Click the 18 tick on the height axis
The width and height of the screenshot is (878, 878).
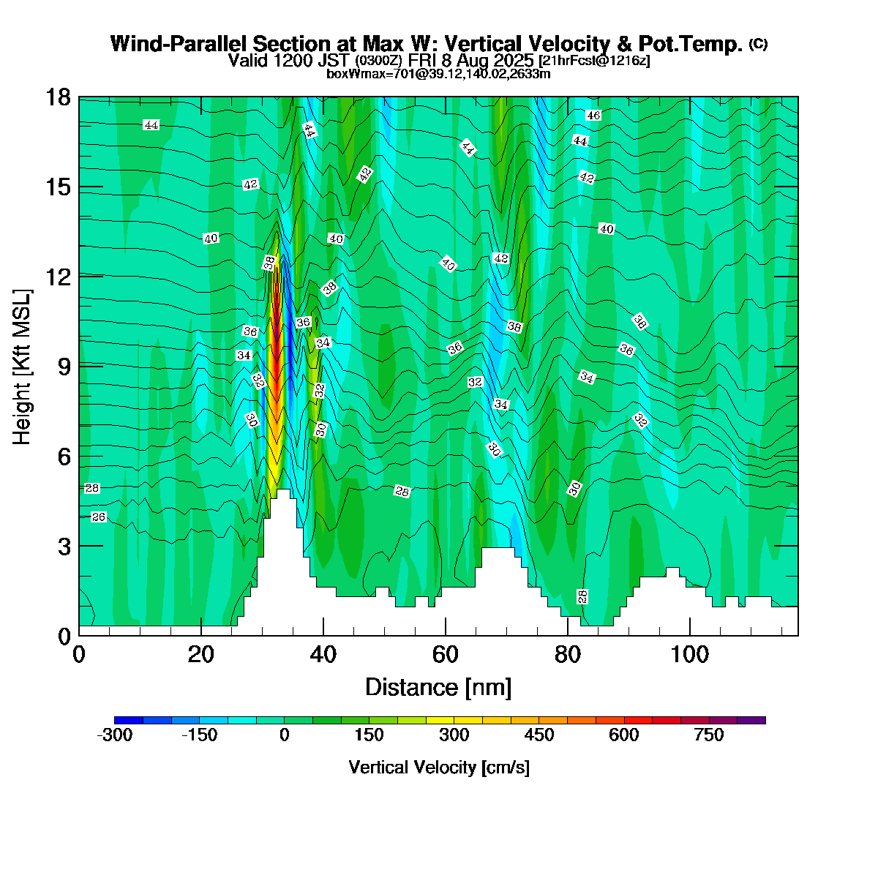[x=59, y=97]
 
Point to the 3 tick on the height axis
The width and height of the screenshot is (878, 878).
[x=59, y=546]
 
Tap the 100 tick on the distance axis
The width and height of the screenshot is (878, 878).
[x=689, y=654]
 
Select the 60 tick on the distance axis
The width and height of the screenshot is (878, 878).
[x=446, y=654]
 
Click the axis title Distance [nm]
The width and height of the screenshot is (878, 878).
[x=438, y=688]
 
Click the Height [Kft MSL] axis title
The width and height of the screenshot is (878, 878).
[x=23, y=366]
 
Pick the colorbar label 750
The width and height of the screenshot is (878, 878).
[x=708, y=735]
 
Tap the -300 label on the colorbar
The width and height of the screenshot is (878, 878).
[x=115, y=735]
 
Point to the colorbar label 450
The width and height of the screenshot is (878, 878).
[x=539, y=735]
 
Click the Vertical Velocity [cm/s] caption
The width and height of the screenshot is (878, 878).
[x=439, y=768]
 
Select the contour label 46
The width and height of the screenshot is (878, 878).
[x=593, y=116]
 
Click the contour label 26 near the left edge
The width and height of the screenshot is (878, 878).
[x=99, y=517]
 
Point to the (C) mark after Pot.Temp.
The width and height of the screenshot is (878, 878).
[x=759, y=44]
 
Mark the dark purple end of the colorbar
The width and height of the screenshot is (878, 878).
[x=751, y=721]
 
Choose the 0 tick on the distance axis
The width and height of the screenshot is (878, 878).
[x=79, y=654]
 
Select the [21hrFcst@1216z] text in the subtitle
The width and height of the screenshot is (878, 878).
[x=593, y=60]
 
